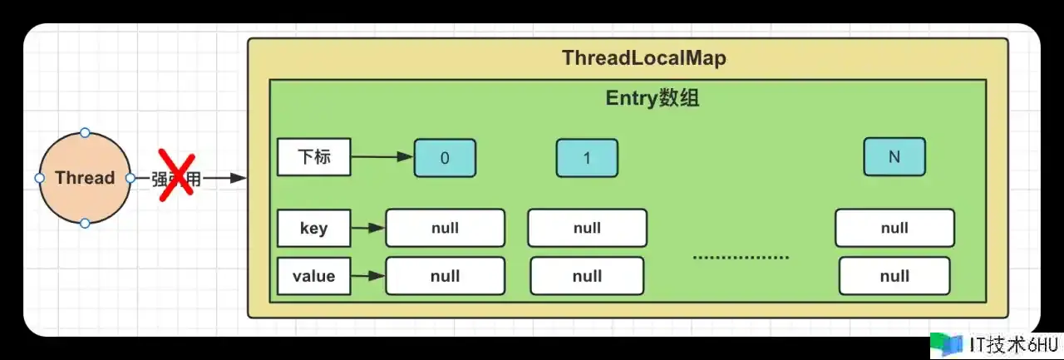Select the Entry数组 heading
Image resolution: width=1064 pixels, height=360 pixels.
pyautogui.click(x=652, y=99)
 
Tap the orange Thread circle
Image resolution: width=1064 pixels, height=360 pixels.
pyautogui.click(x=85, y=178)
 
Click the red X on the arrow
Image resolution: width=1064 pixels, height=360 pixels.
pyautogui.click(x=175, y=175)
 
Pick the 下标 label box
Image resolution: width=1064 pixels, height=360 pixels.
pyautogui.click(x=313, y=157)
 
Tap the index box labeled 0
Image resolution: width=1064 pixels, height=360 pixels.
pyautogui.click(x=445, y=158)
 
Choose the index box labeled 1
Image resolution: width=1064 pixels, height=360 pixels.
pyautogui.click(x=587, y=158)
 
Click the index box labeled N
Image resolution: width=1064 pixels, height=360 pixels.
pyautogui.click(x=894, y=157)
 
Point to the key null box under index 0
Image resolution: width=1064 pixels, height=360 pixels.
pyautogui.click(x=445, y=228)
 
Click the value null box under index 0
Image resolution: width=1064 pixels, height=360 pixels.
pyautogui.click(x=445, y=276)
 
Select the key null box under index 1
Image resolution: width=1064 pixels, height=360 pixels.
pyautogui.click(x=587, y=228)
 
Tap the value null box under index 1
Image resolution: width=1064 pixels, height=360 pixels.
pyautogui.click(x=587, y=276)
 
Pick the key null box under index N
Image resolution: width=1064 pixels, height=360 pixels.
pyautogui.click(x=894, y=228)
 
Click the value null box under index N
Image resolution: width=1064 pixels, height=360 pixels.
pyautogui.click(x=894, y=276)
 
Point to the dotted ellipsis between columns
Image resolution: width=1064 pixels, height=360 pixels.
pyautogui.click(x=741, y=258)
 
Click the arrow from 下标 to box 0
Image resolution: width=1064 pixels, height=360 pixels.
pyautogui.click(x=382, y=156)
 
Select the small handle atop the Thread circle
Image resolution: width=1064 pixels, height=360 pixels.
pyautogui.click(x=85, y=132)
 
